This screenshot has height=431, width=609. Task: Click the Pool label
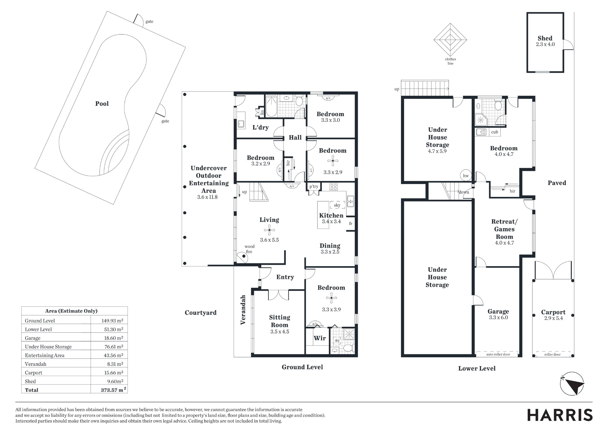102,104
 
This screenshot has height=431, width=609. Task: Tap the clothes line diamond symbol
450,40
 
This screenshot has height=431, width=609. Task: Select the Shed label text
545,38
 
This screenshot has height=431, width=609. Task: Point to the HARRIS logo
560,415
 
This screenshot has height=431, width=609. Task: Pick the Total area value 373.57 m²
113,390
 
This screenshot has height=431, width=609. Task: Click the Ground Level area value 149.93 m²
112,321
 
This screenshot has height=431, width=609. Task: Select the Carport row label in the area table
33,373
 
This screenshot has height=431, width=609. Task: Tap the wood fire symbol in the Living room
244,256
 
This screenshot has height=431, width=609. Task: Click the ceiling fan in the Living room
269,230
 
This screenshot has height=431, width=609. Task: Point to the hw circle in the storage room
466,176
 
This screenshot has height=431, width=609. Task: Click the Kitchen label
331,215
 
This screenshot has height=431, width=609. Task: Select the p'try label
314,187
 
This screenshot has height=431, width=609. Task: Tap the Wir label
320,338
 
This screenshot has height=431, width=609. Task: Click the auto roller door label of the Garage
498,354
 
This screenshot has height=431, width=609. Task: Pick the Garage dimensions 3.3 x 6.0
498,318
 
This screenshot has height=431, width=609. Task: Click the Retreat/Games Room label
504,229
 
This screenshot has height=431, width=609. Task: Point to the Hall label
295,137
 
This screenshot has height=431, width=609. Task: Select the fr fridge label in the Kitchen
350,223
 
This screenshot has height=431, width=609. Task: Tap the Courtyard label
201,313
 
